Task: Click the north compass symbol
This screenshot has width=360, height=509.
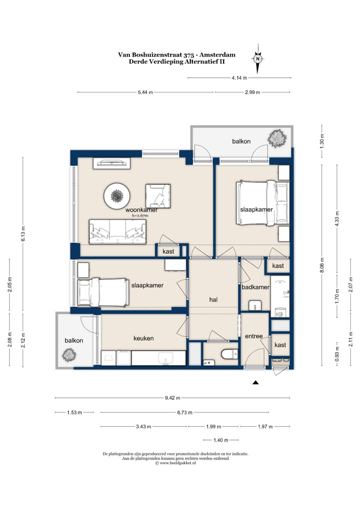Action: (x=257, y=59)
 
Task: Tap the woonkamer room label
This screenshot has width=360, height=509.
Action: (x=141, y=210)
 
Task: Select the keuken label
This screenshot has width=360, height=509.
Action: (x=143, y=338)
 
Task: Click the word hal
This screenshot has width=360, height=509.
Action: (x=213, y=300)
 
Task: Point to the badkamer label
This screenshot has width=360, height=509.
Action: (x=255, y=287)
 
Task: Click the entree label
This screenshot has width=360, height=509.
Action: (x=254, y=336)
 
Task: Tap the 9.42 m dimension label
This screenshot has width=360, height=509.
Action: (x=173, y=398)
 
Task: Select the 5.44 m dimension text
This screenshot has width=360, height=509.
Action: (x=145, y=92)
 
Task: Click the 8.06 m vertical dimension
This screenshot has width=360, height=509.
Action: (x=322, y=265)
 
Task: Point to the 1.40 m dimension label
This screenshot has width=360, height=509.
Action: (x=221, y=440)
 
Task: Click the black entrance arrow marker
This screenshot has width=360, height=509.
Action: (x=256, y=383)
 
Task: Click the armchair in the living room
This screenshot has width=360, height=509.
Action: (x=158, y=196)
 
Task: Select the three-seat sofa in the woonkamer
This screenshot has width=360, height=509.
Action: (x=117, y=232)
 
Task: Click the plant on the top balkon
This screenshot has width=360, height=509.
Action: (x=277, y=138)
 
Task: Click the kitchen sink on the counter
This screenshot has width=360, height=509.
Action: (x=166, y=358)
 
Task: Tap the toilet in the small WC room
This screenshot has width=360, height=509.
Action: (x=229, y=354)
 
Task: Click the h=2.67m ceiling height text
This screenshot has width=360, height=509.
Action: (x=140, y=216)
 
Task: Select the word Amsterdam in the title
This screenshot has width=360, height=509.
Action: (x=217, y=55)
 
